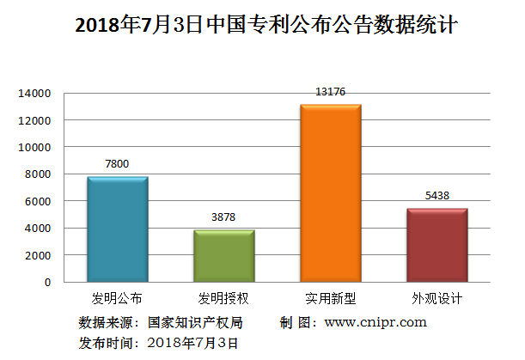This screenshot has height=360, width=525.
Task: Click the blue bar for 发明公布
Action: (118, 229)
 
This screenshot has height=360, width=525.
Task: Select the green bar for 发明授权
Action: (223, 256)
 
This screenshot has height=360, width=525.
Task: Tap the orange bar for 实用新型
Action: (330, 193)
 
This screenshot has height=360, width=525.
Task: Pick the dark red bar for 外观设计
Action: (436, 245)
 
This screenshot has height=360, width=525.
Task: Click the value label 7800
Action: (118, 163)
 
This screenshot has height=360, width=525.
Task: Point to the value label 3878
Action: (223, 217)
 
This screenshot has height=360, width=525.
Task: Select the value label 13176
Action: (330, 91)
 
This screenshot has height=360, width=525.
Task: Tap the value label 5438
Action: (436, 196)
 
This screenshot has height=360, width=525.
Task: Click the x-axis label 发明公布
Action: (118, 299)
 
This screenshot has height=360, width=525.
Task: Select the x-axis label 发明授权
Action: (223, 299)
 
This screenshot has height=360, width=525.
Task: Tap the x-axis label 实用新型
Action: (330, 299)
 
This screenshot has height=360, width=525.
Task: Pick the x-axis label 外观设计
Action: (436, 299)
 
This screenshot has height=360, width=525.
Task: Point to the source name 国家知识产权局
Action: (194, 322)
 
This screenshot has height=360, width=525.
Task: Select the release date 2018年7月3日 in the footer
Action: (192, 343)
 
